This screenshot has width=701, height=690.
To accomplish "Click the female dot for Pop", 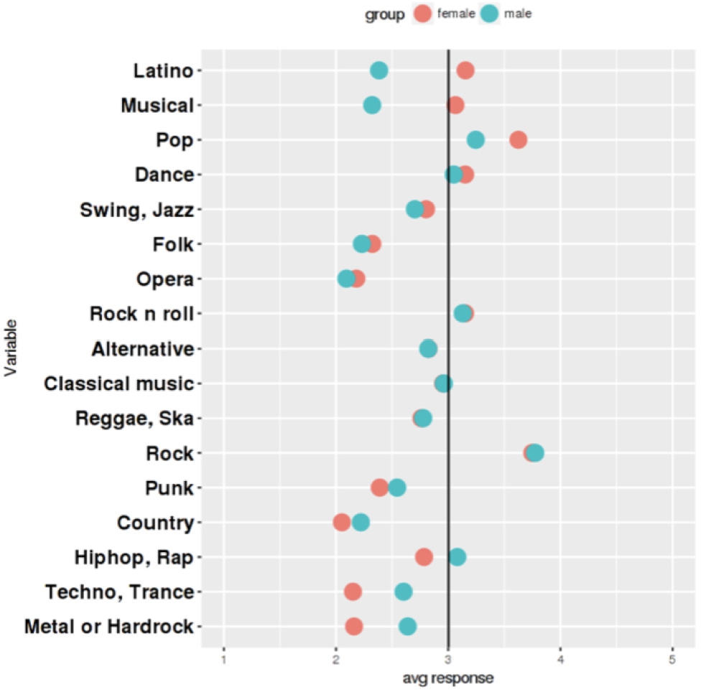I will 518,140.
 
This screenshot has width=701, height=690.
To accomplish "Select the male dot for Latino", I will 379,70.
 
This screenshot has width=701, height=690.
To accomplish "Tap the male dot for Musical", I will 372,106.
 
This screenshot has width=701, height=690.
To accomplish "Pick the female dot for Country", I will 342,523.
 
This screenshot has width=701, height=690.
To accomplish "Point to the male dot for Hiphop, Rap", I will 457,557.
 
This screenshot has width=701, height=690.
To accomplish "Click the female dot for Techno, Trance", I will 353,592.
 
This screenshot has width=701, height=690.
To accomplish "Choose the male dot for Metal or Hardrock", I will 407,627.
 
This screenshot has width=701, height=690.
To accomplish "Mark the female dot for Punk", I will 379,488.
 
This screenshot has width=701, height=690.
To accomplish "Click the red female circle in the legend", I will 423,14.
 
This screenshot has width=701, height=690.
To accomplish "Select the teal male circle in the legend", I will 490,14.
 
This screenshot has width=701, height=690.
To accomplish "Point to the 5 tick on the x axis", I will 672,659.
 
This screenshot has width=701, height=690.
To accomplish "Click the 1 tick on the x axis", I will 224,659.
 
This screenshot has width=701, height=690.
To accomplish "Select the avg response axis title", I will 448,677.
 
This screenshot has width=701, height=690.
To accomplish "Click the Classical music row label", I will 119,383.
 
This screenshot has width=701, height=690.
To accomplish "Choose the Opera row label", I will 164,279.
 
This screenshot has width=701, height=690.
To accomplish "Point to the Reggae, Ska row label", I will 134,419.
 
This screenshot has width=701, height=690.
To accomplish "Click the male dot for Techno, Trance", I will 404,592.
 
